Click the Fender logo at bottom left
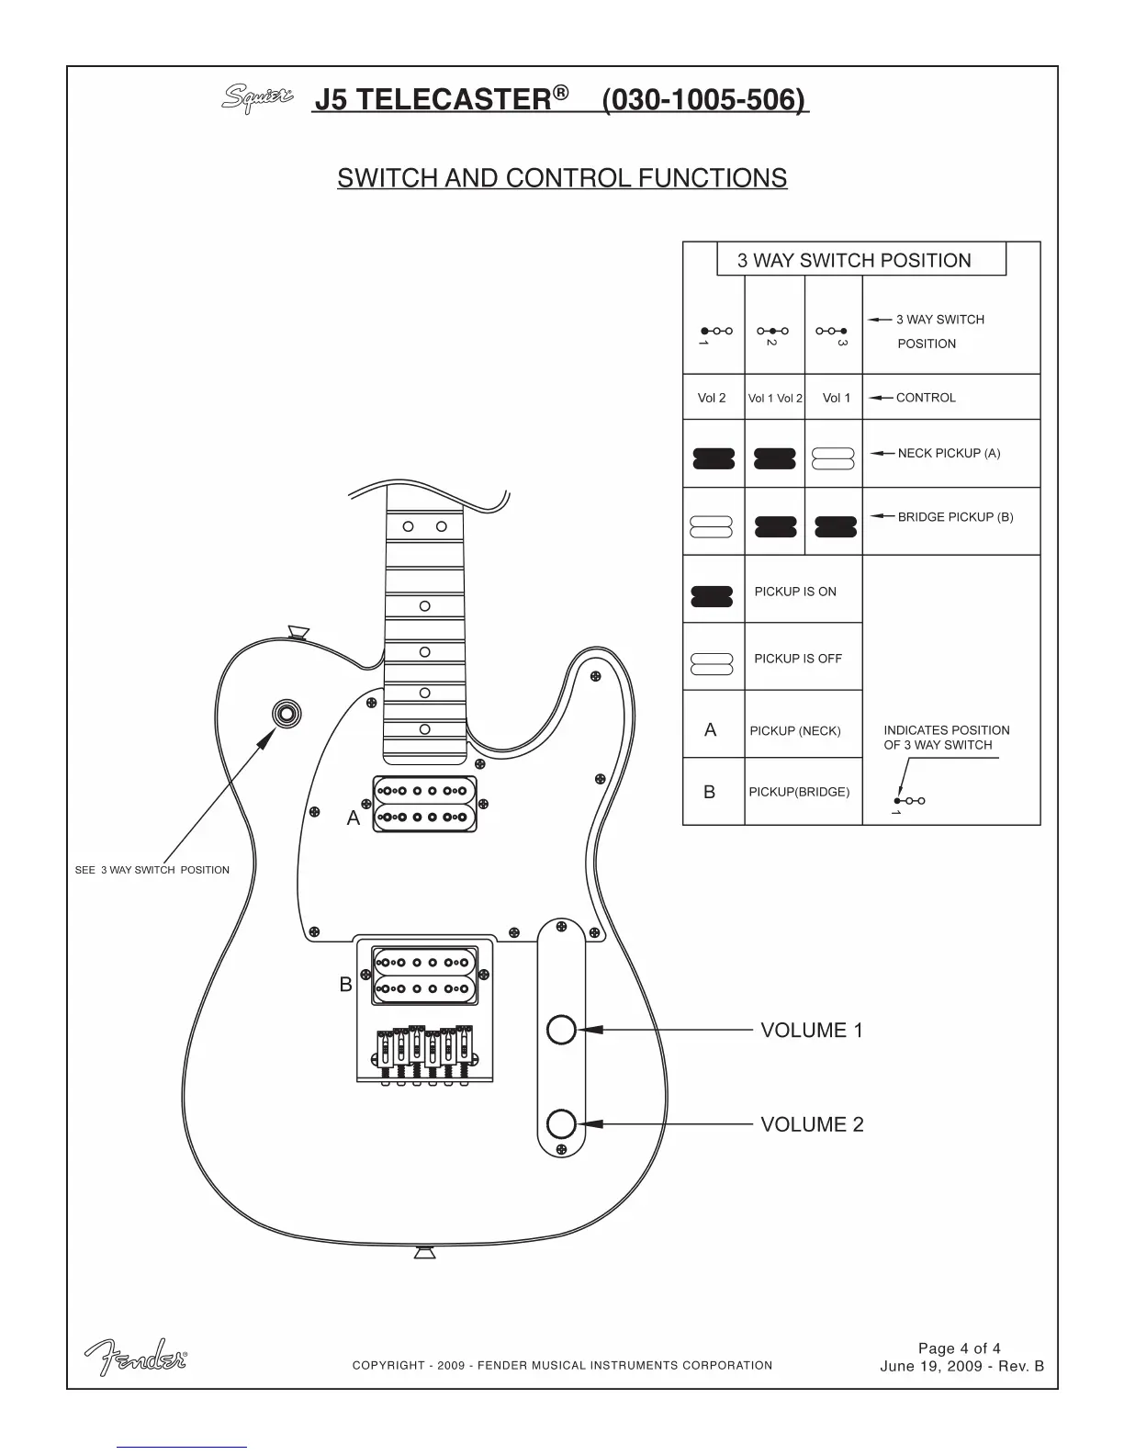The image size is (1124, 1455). point(137,1357)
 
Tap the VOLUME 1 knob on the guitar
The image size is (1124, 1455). point(560,1030)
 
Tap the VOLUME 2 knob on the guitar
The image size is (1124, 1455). point(560,1123)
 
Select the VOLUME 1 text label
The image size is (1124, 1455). point(812,1031)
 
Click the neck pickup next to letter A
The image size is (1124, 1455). point(425,804)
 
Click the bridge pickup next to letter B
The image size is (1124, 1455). point(424,976)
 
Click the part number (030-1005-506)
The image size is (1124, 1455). point(705,99)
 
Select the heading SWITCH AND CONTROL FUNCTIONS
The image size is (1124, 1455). point(562,178)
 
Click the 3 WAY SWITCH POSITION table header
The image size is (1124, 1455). point(854,261)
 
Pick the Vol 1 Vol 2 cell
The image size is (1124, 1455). point(775,399)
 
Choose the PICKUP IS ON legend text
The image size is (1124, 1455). point(795,592)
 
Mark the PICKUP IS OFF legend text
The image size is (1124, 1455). point(798,659)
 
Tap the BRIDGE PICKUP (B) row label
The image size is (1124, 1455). point(955,517)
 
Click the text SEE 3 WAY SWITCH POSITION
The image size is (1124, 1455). point(152,870)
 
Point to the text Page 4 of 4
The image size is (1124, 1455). point(960,1348)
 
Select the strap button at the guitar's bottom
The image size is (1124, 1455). point(424,1252)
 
